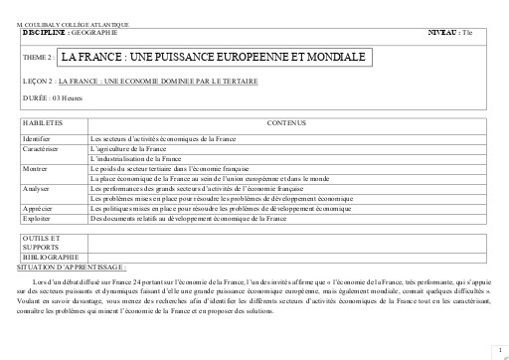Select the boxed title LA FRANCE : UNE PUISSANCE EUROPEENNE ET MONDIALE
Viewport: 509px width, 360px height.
coord(213,58)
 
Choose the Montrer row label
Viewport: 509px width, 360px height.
coord(35,168)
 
